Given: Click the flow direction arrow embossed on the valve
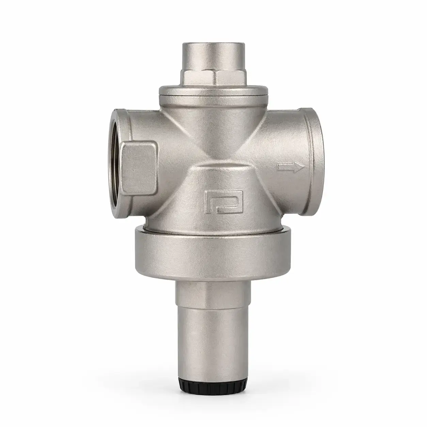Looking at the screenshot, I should click(x=291, y=167).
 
